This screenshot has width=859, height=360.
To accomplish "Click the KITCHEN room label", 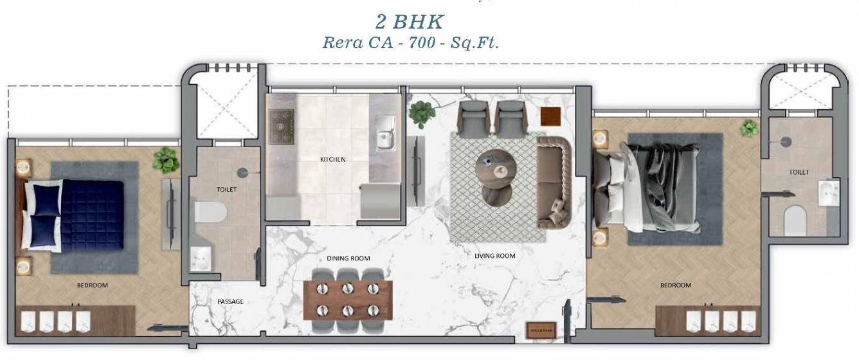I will (x=333, y=159).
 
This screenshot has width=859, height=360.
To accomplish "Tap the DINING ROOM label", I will (x=348, y=258).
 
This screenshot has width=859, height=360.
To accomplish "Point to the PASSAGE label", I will (x=230, y=301).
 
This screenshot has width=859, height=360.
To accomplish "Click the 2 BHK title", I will (x=410, y=21).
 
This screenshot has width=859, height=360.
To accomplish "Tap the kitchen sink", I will (x=384, y=139).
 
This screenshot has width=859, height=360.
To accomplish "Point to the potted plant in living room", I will (x=422, y=114).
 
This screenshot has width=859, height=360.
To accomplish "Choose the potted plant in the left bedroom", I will (x=166, y=159).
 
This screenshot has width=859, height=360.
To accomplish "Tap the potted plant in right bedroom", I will (x=748, y=128).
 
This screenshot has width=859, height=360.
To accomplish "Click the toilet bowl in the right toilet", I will (x=795, y=221).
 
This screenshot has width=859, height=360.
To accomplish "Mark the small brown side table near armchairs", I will (x=550, y=116).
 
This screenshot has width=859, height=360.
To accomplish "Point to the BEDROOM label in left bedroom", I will (x=93, y=285).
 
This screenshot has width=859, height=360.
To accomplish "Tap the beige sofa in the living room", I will (x=554, y=183).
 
